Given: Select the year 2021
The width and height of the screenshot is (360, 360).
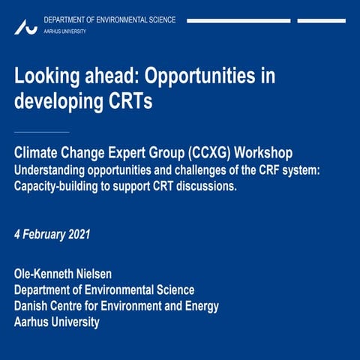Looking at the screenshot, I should click(x=79, y=235).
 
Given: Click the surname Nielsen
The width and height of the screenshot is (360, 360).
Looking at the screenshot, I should click(x=108, y=274).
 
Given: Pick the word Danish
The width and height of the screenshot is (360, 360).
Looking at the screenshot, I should click(x=33, y=306).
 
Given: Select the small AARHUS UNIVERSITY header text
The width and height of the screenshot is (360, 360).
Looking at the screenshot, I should click(x=65, y=31).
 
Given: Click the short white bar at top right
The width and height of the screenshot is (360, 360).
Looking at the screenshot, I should click(x=321, y=20).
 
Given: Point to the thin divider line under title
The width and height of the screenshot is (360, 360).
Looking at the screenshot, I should click(x=42, y=132).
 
